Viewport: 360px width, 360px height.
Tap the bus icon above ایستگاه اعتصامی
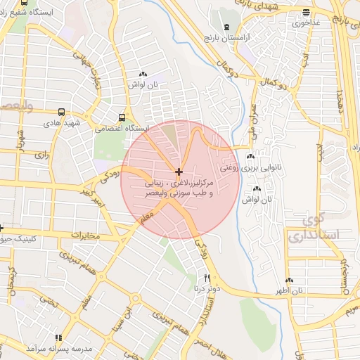tap(122, 117)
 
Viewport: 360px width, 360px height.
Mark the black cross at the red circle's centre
tap(180, 172)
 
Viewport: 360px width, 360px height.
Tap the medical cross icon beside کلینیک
tap(1, 228)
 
